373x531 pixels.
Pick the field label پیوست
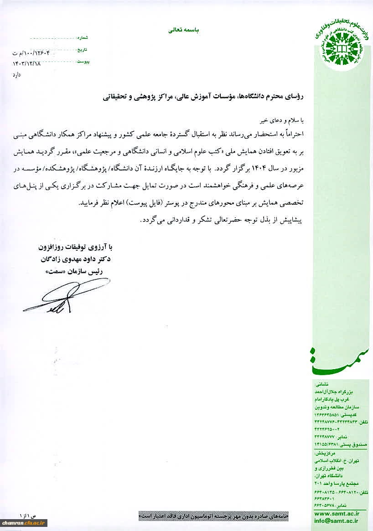click(x=83, y=61)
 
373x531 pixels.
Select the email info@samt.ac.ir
click(x=336, y=521)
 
